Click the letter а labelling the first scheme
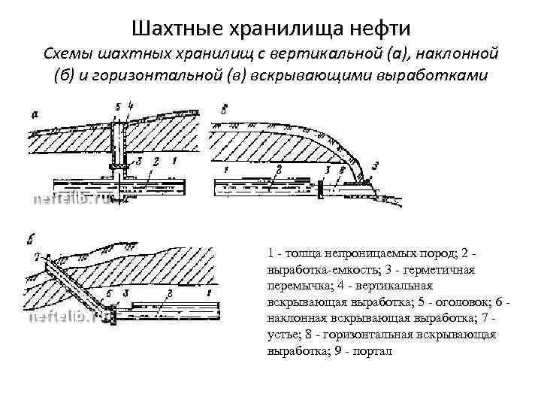(x=35, y=114)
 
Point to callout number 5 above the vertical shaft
(x=118, y=105)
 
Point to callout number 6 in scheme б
(x=109, y=292)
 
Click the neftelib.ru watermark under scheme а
(x=71, y=200)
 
